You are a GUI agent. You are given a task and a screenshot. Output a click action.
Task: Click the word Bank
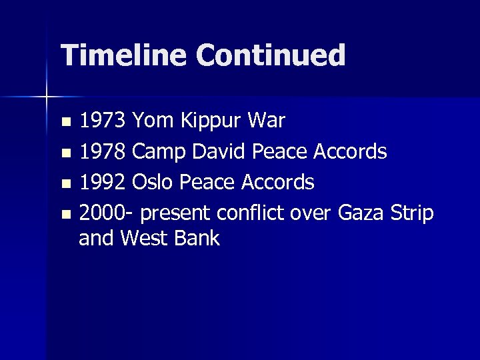(x=197, y=238)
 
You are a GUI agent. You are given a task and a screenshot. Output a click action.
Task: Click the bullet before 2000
(x=65, y=213)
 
